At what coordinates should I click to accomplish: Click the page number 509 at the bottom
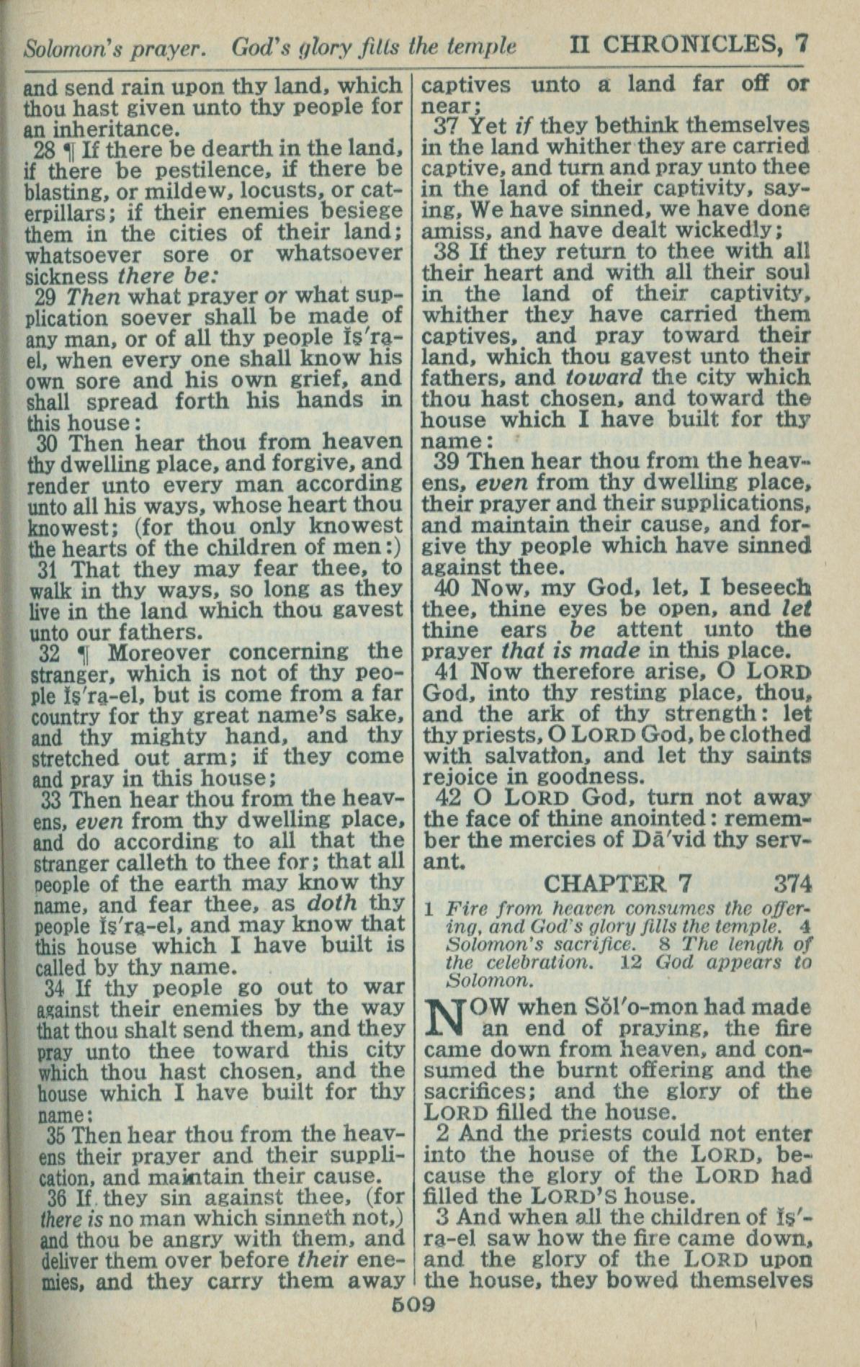click(413, 1304)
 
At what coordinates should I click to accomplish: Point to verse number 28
click(44, 151)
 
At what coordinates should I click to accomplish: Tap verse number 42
click(451, 799)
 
